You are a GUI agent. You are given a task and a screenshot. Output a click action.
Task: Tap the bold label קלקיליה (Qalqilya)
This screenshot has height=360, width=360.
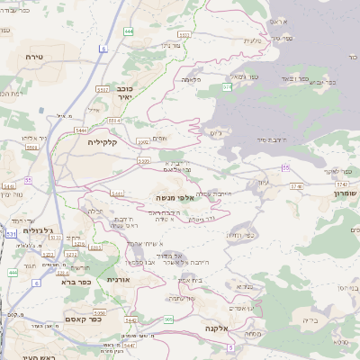[103, 141]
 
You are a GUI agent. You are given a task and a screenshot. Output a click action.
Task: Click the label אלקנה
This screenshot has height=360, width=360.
[217, 328]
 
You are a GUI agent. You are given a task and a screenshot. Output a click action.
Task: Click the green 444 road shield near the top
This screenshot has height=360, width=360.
[130, 31]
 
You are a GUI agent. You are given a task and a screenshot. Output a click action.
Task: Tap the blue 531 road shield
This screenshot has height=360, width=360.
[10, 234]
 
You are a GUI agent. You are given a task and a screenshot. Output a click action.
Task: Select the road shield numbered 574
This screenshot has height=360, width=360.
[228, 87]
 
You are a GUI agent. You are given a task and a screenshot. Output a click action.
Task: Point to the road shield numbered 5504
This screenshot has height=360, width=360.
[114, 120]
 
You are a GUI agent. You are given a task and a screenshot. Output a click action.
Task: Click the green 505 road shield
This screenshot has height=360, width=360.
[169, 319]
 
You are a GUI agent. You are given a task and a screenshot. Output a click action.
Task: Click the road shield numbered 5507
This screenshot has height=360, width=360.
[103, 90]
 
